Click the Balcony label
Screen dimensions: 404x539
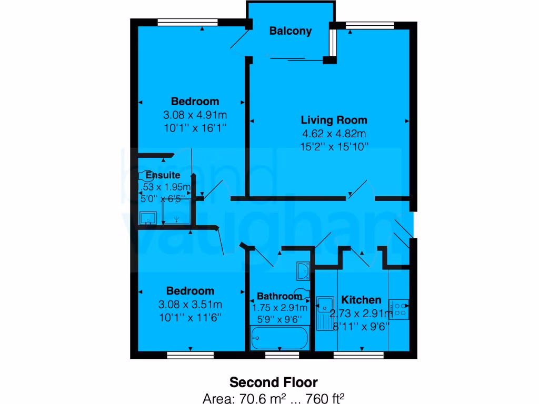(290, 31)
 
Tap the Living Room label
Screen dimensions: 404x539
(334, 120)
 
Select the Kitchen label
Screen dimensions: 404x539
(361, 300)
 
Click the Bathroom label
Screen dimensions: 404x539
(279, 296)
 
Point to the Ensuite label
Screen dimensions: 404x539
(163, 175)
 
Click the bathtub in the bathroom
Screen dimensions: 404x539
(279, 338)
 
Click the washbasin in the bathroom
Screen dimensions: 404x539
(304, 270)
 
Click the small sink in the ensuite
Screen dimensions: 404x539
(147, 217)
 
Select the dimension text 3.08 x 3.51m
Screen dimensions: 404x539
(190, 304)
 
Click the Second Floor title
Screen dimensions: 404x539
(274, 381)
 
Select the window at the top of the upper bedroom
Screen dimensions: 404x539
(179, 22)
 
